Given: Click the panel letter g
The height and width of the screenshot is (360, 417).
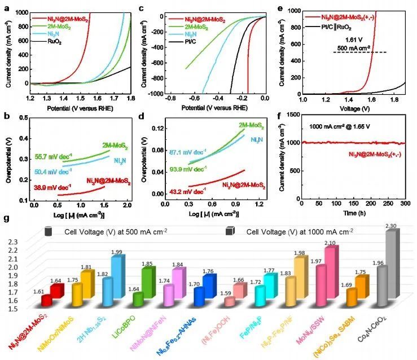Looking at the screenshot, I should pos(7,218).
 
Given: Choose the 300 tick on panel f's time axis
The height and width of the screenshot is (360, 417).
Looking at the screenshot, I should pos(404,203).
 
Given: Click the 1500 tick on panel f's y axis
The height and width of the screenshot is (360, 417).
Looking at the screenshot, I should pos(291,115).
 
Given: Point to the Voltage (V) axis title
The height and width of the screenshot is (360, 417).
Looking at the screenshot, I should pos(353,106).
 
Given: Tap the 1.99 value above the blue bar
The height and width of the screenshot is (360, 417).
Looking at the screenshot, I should pos(116,252).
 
